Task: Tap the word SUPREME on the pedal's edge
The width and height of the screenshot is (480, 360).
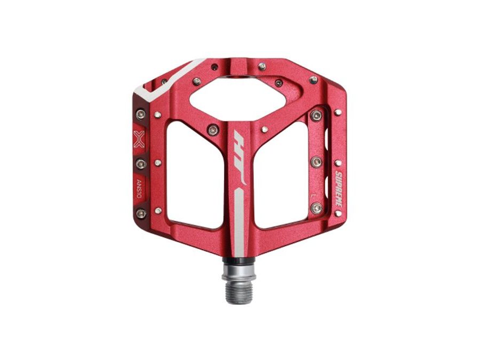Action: (x=338, y=187)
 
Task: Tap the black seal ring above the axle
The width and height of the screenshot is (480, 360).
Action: (x=239, y=262)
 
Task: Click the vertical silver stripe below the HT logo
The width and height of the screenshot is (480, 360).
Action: (x=239, y=219)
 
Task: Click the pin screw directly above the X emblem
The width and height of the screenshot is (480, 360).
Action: (x=140, y=114)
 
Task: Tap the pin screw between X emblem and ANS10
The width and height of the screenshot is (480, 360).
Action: (x=140, y=163)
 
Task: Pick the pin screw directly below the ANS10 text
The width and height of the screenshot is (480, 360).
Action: (x=140, y=213)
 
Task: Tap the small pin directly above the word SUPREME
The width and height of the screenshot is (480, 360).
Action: (x=338, y=163)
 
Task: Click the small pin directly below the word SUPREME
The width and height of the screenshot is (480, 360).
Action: (x=338, y=213)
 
